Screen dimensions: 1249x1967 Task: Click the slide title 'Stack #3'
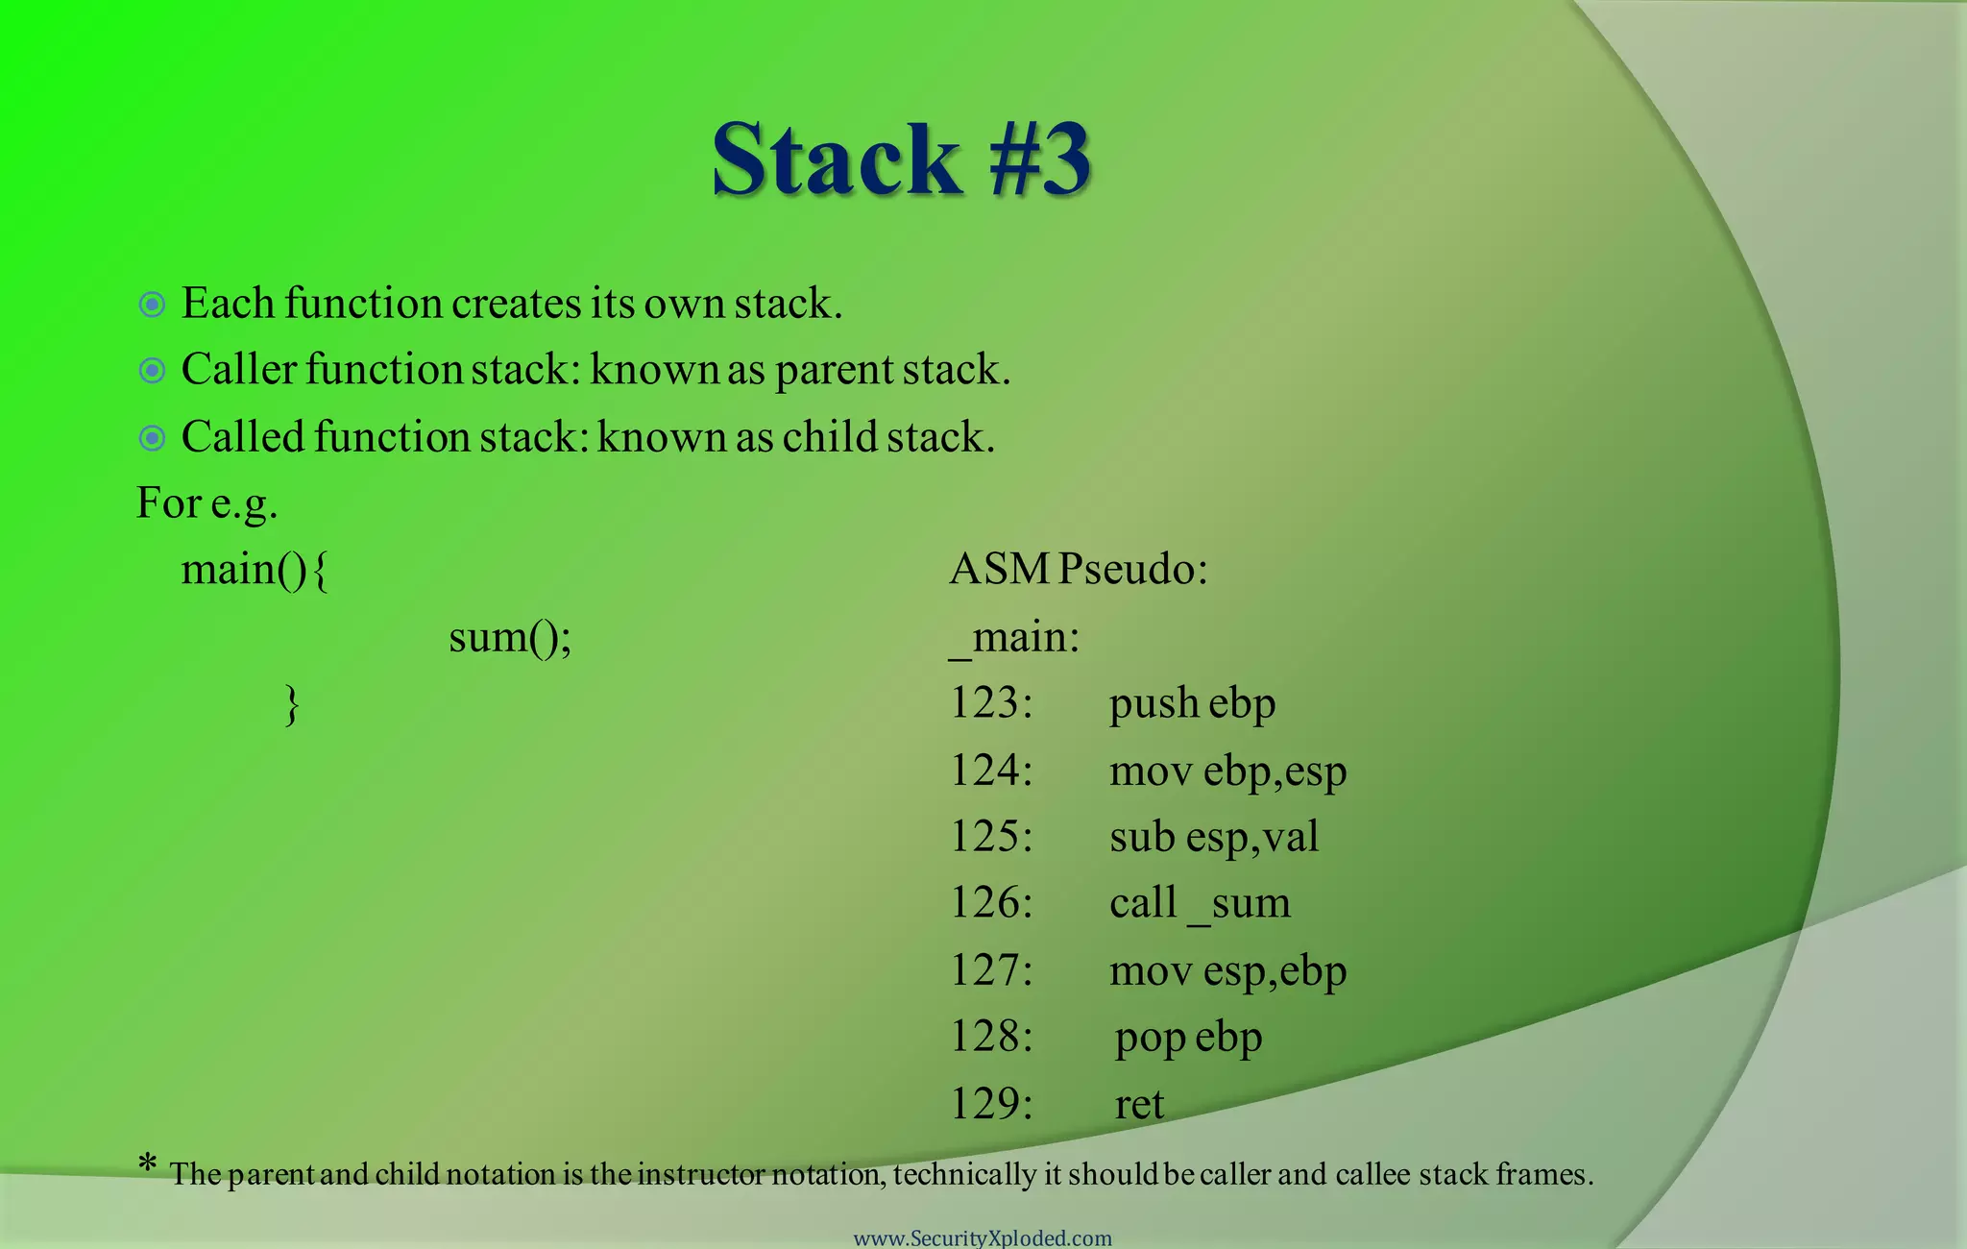pos(901,159)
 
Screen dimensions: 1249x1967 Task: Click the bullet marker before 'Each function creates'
pos(152,306)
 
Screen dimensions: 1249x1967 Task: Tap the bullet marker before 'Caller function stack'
pos(152,371)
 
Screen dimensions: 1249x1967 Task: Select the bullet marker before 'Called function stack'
pos(152,438)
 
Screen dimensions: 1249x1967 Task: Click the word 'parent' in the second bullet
pos(834,371)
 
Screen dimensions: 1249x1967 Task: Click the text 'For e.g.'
pos(206,503)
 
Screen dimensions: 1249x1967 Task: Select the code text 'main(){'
pos(255,570)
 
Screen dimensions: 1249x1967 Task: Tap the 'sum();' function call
pos(510,637)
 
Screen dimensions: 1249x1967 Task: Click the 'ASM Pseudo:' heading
pos(1078,570)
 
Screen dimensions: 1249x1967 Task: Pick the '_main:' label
pos(1014,638)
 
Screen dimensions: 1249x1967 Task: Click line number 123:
pos(990,703)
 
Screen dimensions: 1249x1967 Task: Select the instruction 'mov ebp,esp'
pos(1227,771)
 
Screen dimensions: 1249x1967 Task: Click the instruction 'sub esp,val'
pos(1213,837)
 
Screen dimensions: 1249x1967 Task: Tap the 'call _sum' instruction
pos(1200,903)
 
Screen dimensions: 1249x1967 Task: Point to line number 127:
pos(990,970)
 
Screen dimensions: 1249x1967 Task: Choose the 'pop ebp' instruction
pos(1188,1038)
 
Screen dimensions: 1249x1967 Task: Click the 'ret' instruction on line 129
pos(1139,1104)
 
